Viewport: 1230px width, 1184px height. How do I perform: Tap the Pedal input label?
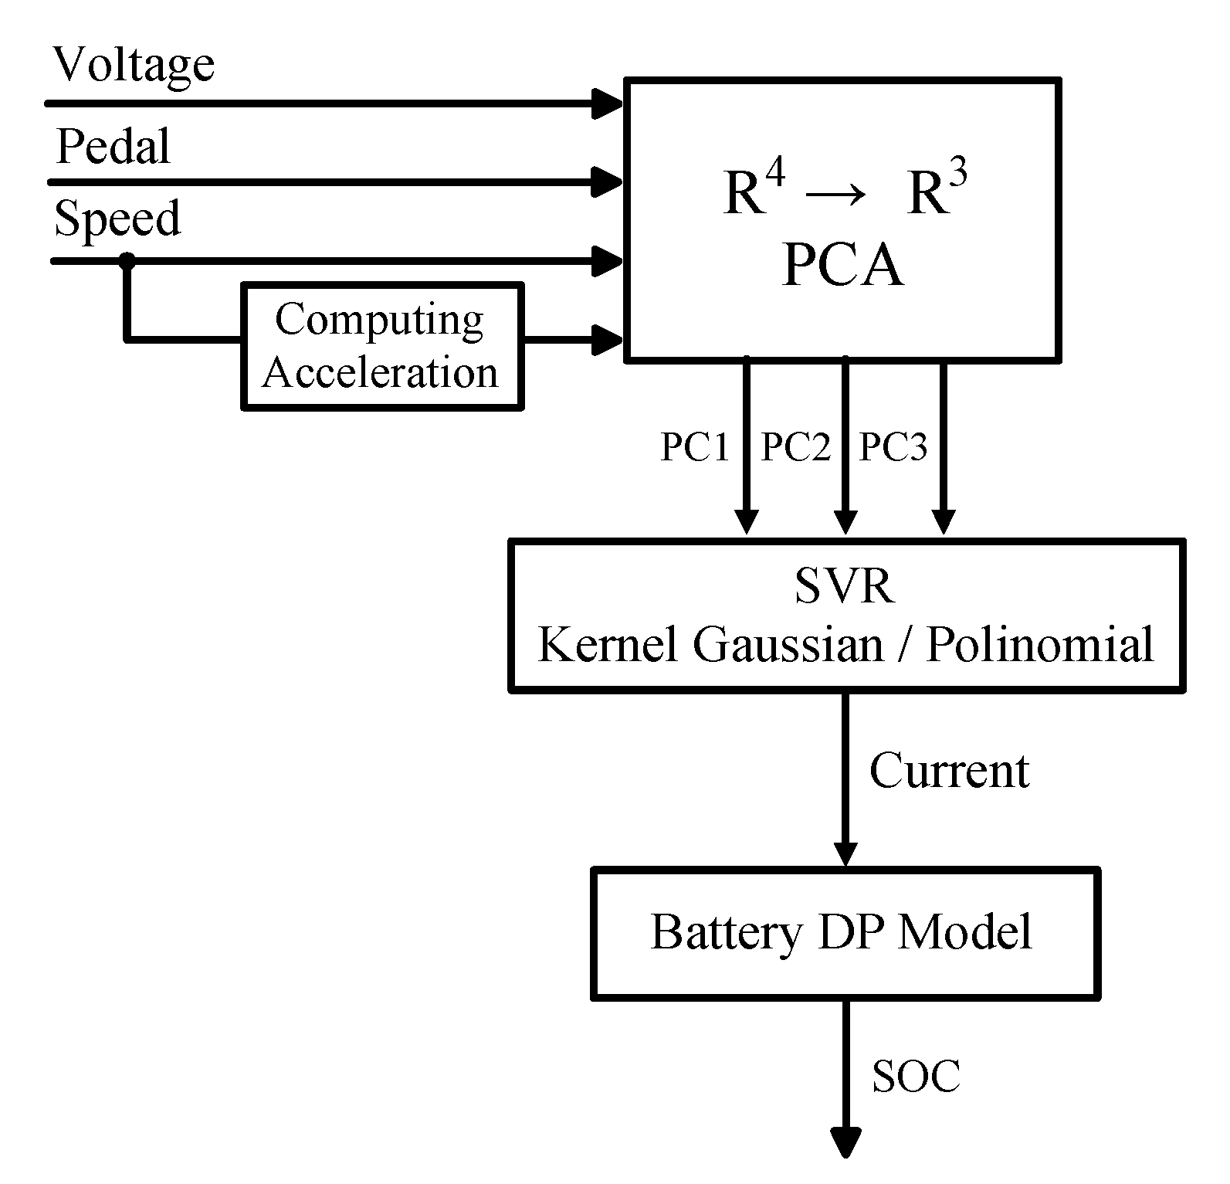(x=114, y=146)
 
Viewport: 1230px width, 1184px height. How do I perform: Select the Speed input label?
(x=117, y=219)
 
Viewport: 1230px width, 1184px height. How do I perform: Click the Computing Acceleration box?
(x=381, y=346)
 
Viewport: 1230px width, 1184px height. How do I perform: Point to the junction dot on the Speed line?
(x=127, y=261)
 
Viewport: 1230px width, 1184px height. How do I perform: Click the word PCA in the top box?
(x=842, y=266)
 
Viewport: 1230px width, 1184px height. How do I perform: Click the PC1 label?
(x=695, y=446)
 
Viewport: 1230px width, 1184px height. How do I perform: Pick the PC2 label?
(x=795, y=446)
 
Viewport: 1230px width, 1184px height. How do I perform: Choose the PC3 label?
(x=893, y=446)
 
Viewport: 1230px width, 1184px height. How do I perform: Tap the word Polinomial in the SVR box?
(x=1039, y=643)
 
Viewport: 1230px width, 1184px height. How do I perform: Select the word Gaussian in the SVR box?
(x=788, y=643)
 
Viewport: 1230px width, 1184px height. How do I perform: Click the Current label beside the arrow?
(x=949, y=770)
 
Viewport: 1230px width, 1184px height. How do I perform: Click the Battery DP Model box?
(x=845, y=933)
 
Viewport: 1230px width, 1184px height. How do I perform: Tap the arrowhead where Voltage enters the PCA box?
(x=607, y=103)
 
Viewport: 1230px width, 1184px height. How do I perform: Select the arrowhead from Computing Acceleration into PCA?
(x=607, y=339)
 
